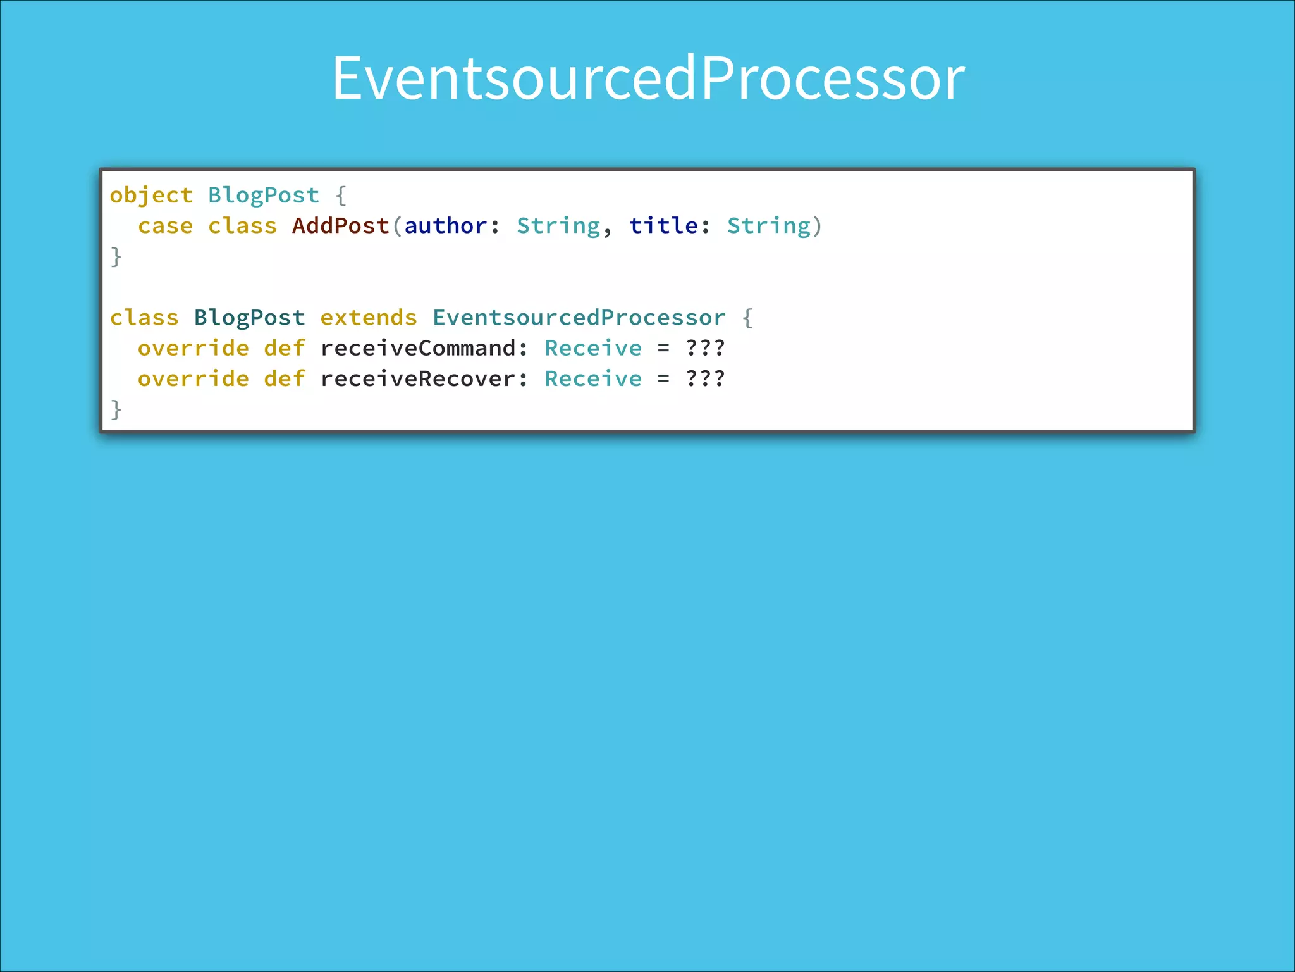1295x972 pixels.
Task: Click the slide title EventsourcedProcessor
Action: coord(648,78)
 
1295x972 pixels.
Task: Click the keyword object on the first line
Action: coord(151,196)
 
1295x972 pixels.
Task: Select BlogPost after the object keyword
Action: coord(264,196)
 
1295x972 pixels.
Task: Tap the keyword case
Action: coord(165,226)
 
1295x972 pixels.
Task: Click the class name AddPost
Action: coord(340,226)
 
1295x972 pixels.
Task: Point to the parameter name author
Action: coord(446,226)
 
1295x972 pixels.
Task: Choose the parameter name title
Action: coord(663,226)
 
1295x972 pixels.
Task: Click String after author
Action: coord(558,226)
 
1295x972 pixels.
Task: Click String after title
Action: coord(769,226)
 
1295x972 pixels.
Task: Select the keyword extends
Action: coord(369,318)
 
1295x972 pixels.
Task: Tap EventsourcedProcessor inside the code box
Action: coord(579,318)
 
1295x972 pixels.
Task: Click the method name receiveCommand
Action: coord(418,348)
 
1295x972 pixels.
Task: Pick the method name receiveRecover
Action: coord(418,379)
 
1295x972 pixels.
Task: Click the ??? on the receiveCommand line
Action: coord(705,348)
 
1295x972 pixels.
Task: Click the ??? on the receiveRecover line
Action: coord(705,379)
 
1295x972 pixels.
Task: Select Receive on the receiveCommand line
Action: coord(593,348)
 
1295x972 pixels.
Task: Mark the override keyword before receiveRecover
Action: coord(193,379)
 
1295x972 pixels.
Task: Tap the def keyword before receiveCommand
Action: coord(285,348)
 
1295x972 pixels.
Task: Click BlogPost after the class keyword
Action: coord(249,318)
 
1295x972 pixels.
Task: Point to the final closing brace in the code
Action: coord(116,409)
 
